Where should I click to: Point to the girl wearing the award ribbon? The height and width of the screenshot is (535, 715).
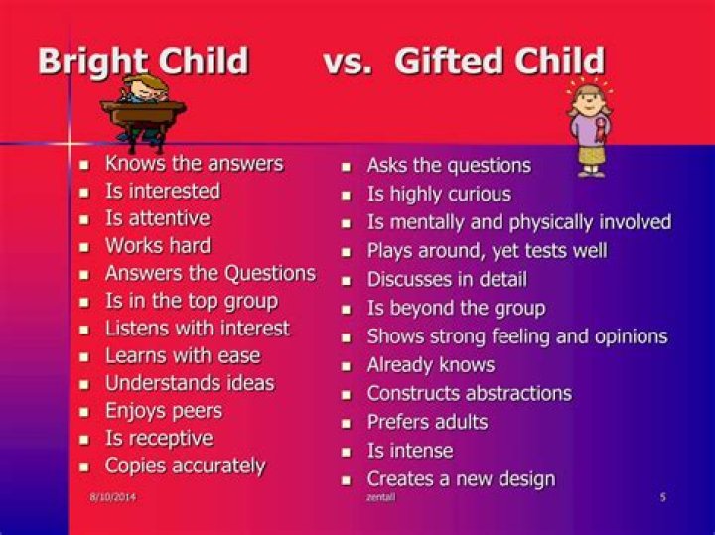point(589,128)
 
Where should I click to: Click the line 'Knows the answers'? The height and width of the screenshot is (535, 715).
point(194,163)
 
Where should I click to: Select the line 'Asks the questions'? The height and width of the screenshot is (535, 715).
point(449,165)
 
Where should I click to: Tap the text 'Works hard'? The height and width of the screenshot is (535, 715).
point(158,245)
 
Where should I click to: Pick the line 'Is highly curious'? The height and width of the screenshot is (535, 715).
point(439,194)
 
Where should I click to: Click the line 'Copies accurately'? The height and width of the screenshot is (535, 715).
point(186,466)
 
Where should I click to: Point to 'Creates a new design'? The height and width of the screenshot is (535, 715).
point(461,479)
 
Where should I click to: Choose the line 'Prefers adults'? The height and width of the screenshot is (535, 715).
point(427,422)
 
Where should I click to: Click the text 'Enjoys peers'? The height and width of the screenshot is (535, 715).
point(164,410)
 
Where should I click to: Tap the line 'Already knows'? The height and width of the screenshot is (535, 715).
point(431,365)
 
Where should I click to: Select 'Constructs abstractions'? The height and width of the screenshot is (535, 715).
point(469,393)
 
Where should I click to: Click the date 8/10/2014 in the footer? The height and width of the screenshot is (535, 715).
point(112,497)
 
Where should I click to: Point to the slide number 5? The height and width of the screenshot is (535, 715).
point(663,497)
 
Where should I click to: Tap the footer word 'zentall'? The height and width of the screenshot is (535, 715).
point(380,497)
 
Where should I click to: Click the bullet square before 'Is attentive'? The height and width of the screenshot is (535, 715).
point(84,219)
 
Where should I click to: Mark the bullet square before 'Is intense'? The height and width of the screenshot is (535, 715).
point(346,452)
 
